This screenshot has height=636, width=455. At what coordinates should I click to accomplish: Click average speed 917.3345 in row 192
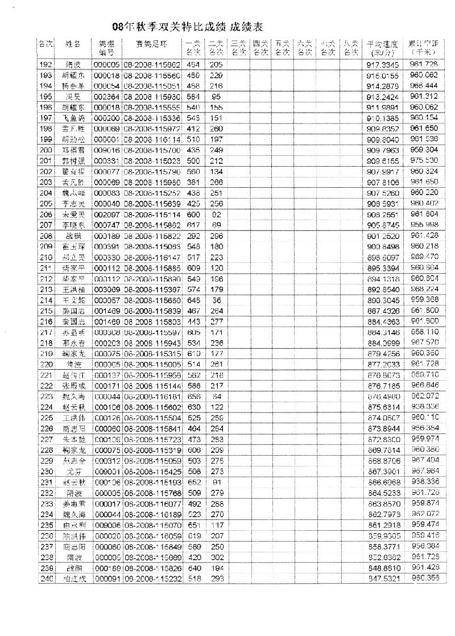[380, 65]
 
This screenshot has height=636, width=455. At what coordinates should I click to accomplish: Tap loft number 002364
[106, 97]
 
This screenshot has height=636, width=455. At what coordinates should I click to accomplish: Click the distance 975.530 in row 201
[424, 161]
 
